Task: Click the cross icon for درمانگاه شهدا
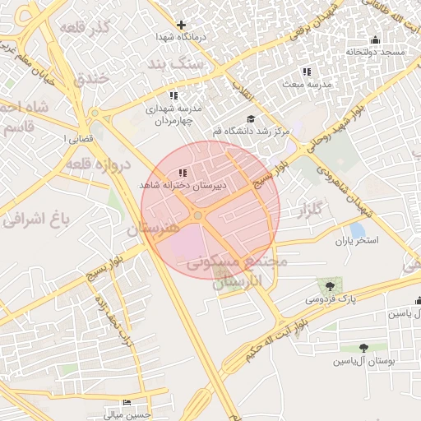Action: [x=182, y=25]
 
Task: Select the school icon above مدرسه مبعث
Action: [x=307, y=72]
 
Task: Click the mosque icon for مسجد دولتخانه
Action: [x=376, y=39]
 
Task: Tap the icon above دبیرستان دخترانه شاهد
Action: [x=182, y=173]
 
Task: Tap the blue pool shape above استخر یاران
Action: [x=357, y=230]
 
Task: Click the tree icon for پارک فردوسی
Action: [x=331, y=286]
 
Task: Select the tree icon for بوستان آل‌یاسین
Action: [x=363, y=348]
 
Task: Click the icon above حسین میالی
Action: [x=126, y=402]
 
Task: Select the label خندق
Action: [x=91, y=79]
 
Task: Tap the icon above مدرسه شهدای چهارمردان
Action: [x=173, y=96]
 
